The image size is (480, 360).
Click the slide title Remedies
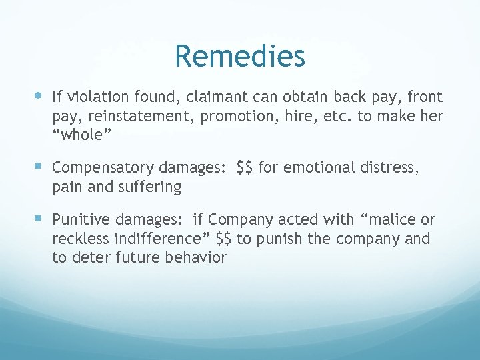pos(240,57)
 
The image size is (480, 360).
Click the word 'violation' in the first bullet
pos(93,97)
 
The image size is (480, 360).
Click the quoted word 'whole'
pos(81,135)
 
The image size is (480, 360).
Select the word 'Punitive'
pos(81,219)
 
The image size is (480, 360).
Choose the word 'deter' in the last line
pos(91,257)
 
